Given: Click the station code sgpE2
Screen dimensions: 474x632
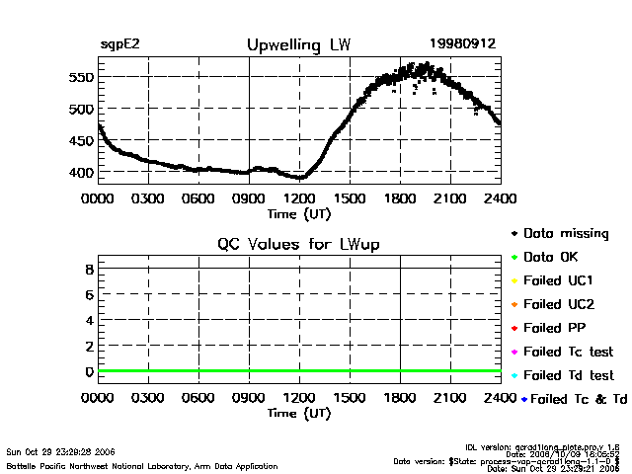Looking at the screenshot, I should click(119, 45).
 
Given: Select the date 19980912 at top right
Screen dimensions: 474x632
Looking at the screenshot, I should click(462, 44).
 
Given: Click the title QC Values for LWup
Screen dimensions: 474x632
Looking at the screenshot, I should click(298, 244).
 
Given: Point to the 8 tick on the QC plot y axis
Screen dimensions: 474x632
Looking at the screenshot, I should click(88, 269).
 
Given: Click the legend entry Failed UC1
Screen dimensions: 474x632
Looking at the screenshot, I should click(558, 280).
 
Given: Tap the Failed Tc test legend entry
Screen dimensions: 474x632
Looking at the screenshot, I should click(568, 352).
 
